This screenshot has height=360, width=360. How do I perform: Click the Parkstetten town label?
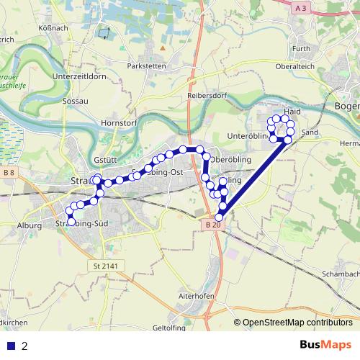146,66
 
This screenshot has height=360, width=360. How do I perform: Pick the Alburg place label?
28,226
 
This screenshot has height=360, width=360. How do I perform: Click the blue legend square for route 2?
11,346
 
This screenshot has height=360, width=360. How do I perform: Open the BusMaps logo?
325,344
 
